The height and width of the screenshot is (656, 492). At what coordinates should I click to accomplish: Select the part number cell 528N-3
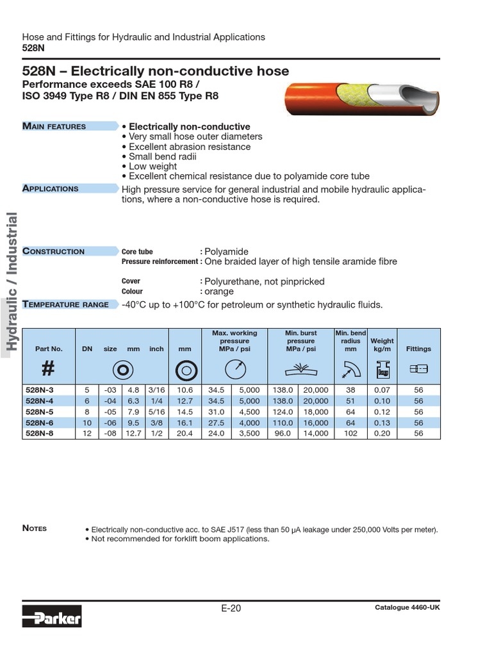click(39, 389)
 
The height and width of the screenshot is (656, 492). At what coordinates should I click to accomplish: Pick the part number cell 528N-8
click(39, 433)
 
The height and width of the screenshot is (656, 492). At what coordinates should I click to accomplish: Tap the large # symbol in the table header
click(49, 370)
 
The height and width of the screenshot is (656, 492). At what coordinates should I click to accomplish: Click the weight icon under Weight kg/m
click(382, 370)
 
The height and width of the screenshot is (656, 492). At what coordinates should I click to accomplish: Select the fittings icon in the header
click(418, 369)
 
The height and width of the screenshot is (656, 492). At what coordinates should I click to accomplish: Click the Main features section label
click(54, 126)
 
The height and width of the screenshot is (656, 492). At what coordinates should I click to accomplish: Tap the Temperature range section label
click(65, 304)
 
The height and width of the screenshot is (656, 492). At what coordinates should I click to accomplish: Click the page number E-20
click(231, 608)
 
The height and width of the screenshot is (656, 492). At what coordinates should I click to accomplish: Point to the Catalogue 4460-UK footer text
click(407, 607)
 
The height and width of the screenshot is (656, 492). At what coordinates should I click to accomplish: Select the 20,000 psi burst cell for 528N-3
click(316, 389)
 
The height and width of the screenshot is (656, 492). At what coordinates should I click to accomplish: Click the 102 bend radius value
click(350, 433)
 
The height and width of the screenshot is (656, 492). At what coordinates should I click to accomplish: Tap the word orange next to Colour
click(220, 291)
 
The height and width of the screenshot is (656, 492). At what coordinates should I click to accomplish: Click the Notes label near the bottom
click(35, 528)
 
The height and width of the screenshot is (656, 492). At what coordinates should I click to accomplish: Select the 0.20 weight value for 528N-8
click(382, 433)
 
